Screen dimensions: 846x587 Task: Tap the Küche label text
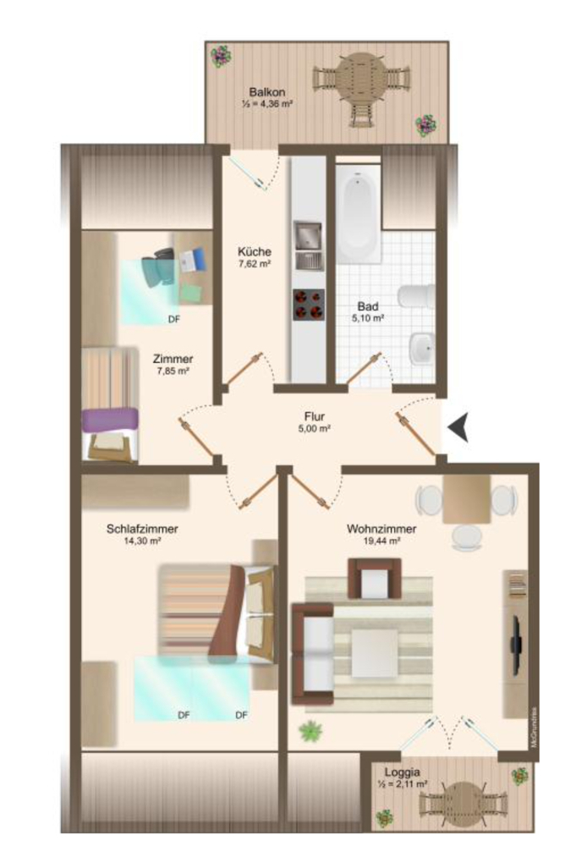254,251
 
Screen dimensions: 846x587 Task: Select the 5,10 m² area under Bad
367,319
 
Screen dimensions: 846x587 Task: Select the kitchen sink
306,233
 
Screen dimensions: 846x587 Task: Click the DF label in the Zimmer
173,319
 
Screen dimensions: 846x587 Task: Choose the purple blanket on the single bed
110,419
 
